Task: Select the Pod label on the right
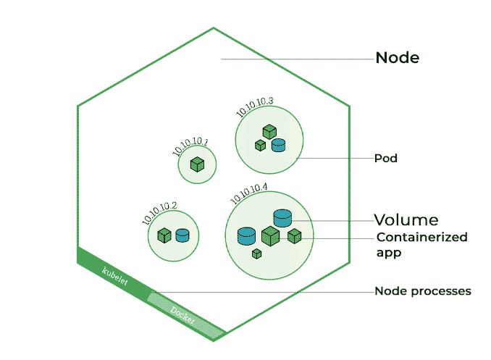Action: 385,158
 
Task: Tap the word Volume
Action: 406,219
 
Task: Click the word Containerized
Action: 421,238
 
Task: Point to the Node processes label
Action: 422,291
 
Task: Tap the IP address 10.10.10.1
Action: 190,146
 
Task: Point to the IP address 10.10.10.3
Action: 254,107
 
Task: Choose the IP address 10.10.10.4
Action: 248,192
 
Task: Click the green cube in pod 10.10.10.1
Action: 196,165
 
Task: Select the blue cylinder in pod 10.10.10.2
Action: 182,235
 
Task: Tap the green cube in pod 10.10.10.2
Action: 164,235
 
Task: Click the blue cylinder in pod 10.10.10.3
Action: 278,145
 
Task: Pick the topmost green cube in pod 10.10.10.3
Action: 269,131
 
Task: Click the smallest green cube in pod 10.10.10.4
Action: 256,254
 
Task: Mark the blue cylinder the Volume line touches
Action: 282,217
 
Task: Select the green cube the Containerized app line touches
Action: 294,236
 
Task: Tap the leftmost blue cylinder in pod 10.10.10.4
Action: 247,235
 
